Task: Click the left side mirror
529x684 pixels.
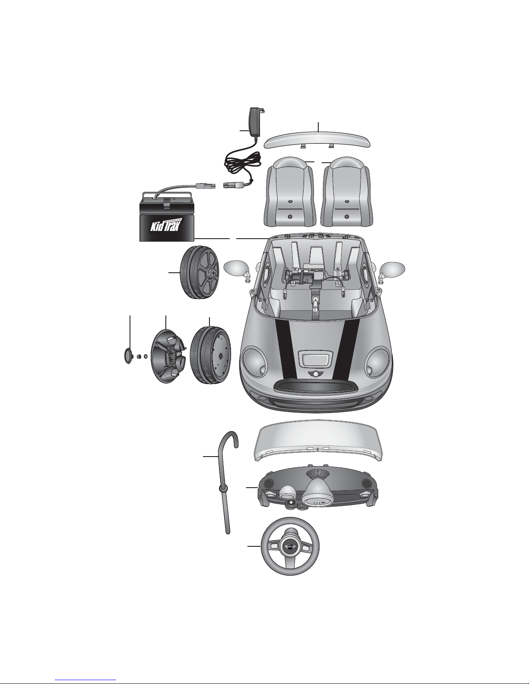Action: [235, 271]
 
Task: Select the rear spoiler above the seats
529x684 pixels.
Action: [319, 139]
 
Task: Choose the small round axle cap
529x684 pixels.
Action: [127, 356]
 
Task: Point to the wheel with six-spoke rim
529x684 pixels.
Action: [200, 272]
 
